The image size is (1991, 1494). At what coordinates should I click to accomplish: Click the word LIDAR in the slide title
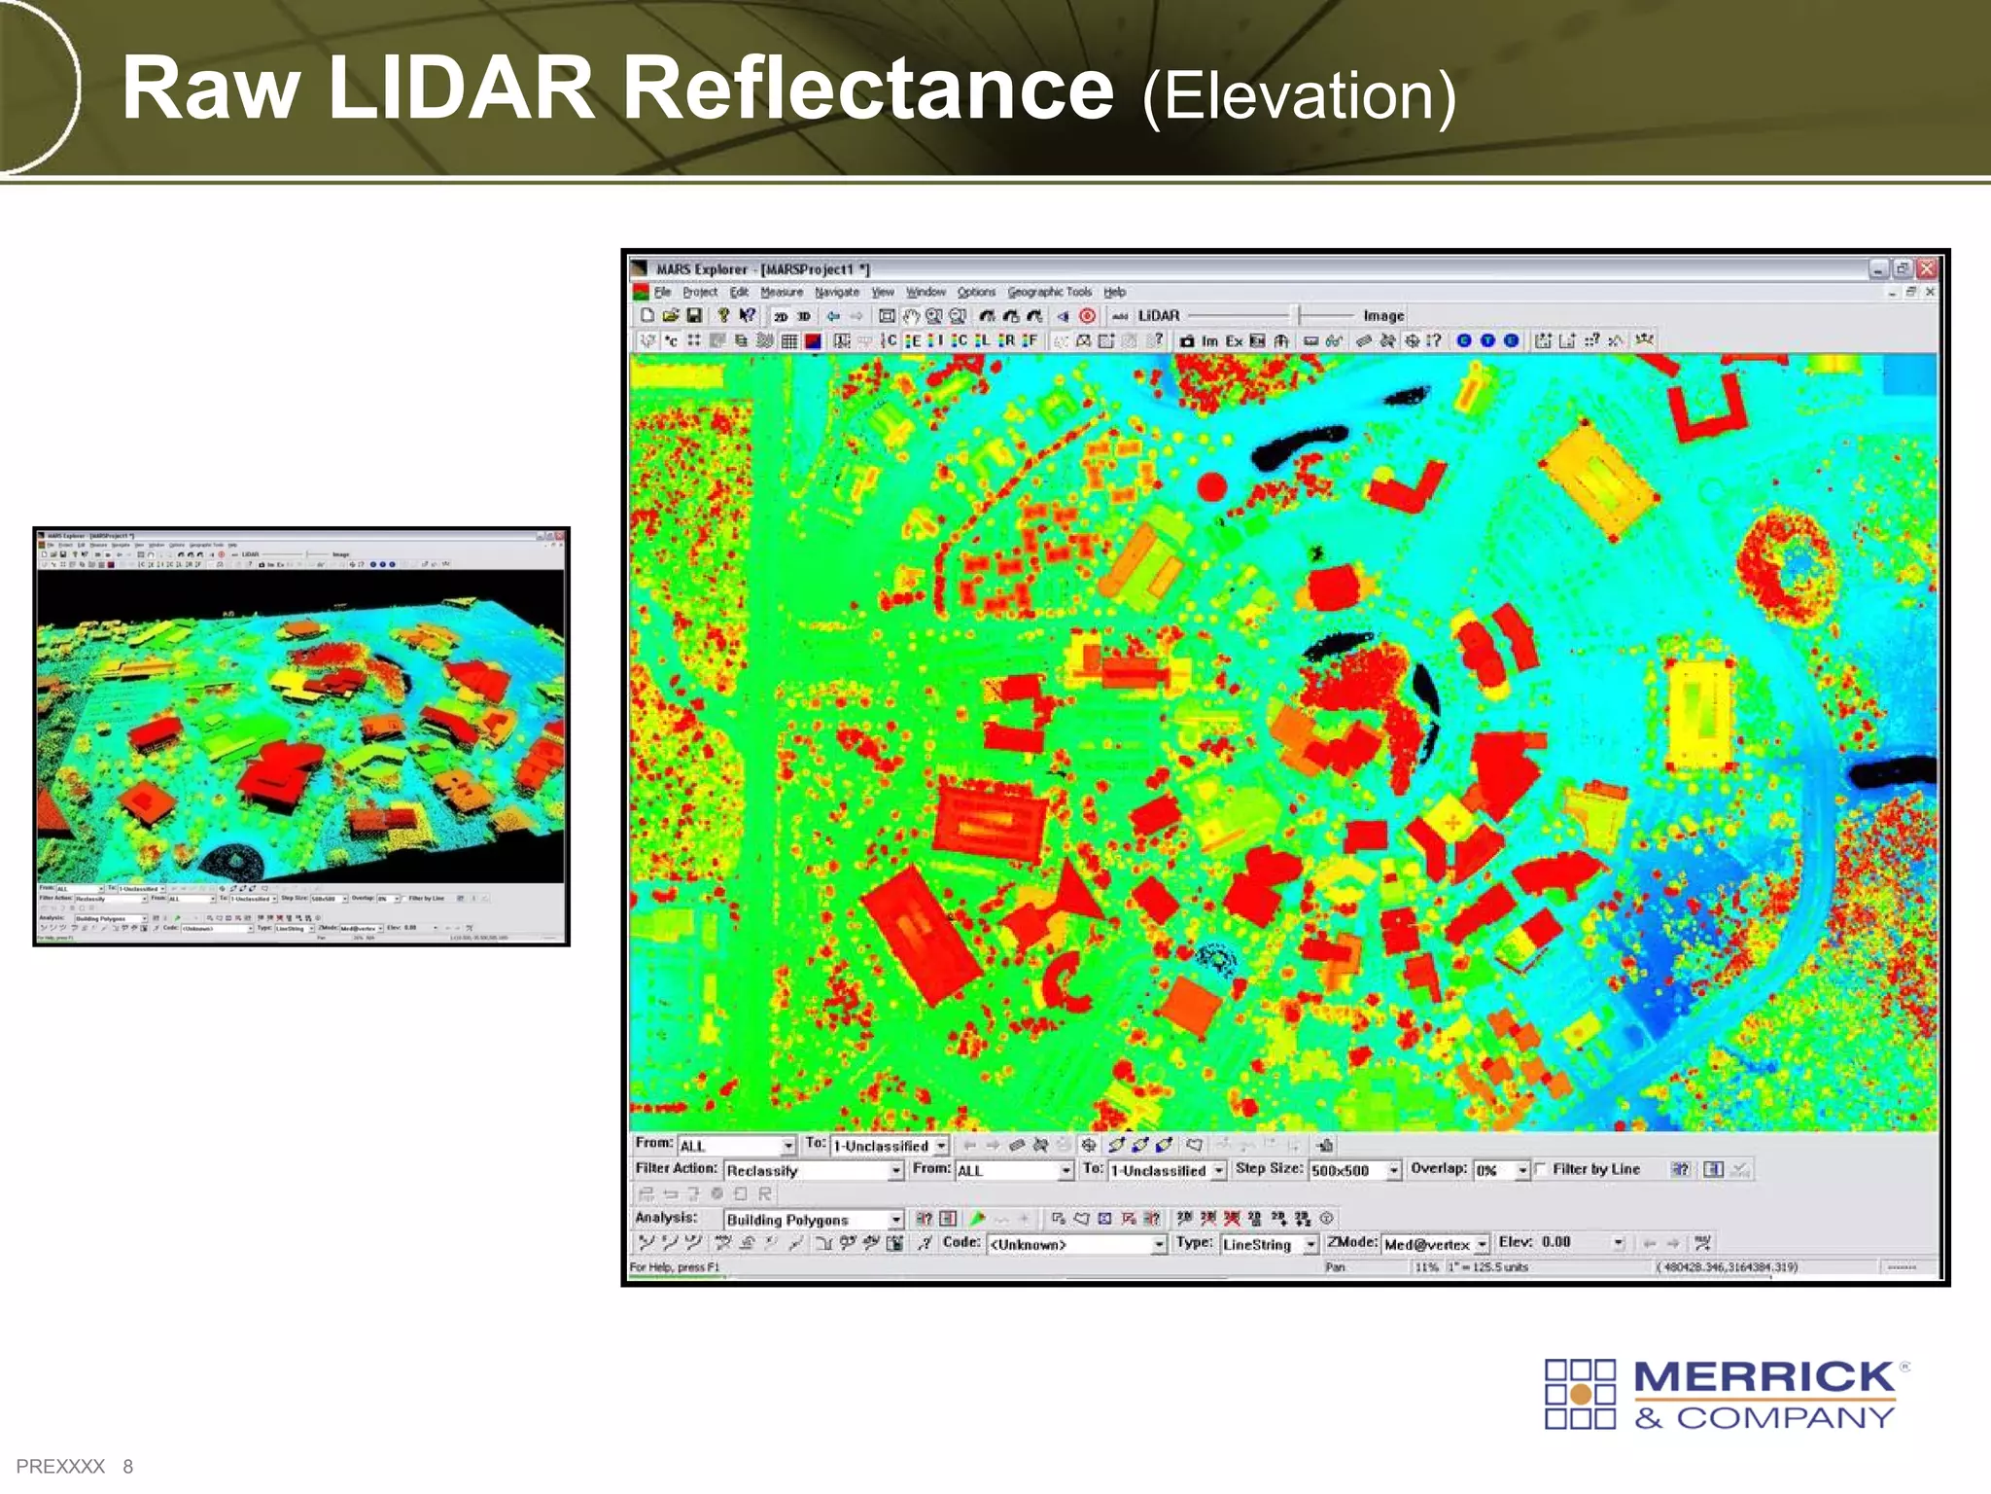coord(460,89)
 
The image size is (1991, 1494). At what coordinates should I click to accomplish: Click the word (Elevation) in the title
coord(1299,97)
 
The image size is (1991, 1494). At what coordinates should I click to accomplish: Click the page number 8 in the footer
coord(127,1466)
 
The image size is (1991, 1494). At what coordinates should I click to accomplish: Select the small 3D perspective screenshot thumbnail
coord(301,736)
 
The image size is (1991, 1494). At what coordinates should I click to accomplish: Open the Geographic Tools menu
coord(1049,292)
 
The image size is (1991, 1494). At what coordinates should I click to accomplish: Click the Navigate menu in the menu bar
coord(836,292)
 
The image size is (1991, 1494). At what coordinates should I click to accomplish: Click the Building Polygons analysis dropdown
coord(813,1220)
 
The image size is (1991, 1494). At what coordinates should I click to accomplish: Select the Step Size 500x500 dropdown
coord(1354,1170)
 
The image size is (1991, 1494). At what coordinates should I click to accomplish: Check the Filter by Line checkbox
coord(1540,1169)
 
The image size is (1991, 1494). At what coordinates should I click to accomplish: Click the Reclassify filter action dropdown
coord(813,1171)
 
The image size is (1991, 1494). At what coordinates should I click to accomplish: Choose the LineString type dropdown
coord(1269,1244)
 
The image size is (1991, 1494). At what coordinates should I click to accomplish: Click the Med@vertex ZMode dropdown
coord(1435,1244)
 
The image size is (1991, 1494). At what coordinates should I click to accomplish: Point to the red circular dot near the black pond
coord(1211,485)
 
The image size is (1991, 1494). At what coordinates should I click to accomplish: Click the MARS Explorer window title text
coord(762,269)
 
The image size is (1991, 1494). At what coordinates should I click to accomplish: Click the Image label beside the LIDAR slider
coord(1383,316)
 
